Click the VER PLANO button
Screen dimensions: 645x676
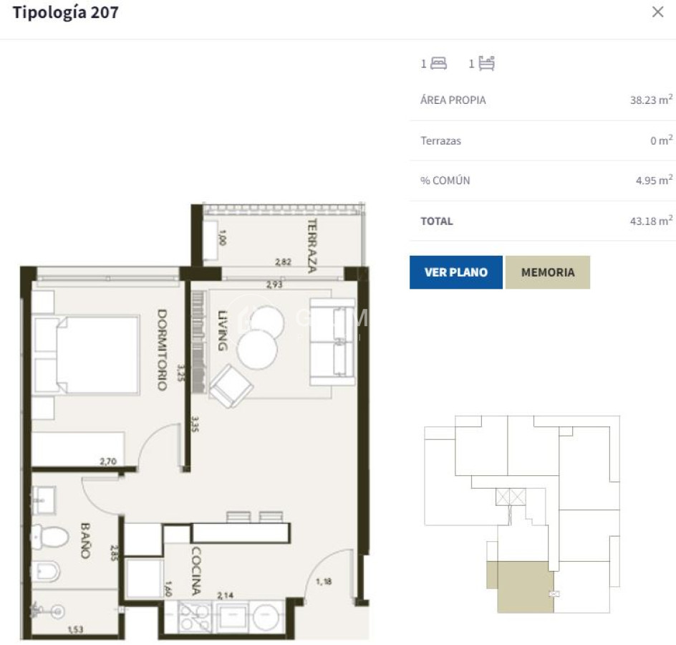[455, 272]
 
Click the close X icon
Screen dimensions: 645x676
[657, 12]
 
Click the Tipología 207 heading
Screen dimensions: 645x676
[66, 12]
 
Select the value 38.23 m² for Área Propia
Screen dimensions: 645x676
[650, 100]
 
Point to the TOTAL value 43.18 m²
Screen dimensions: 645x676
[650, 221]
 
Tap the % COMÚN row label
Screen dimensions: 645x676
[445, 181]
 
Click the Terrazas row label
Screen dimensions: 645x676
[440, 140]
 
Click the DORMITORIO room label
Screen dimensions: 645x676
[162, 349]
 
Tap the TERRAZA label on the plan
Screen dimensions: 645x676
[312, 245]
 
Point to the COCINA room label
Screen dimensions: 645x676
[195, 571]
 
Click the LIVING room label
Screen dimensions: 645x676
[222, 330]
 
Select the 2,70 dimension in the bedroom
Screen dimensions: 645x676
[107, 462]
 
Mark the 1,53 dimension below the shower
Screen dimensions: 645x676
[75, 630]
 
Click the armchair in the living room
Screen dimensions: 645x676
[231, 385]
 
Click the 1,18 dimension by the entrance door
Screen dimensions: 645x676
[324, 580]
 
